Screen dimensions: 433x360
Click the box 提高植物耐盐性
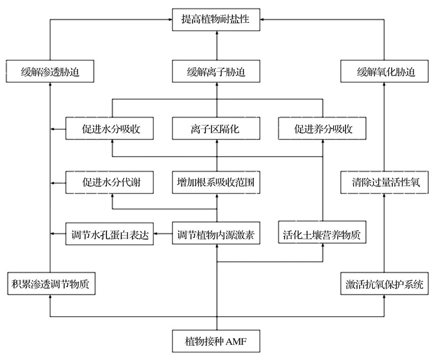(x=216, y=19)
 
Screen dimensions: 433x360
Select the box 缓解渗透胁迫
(x=50, y=71)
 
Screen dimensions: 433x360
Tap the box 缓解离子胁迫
(x=216, y=71)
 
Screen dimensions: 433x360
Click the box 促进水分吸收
(x=110, y=128)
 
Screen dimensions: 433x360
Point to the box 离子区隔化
(x=216, y=128)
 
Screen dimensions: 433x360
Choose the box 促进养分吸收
(x=322, y=128)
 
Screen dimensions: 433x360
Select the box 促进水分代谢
(x=110, y=182)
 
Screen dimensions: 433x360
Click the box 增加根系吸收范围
(x=216, y=182)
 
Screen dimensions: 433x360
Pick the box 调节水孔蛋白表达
(x=110, y=234)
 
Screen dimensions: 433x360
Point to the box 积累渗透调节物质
(x=51, y=284)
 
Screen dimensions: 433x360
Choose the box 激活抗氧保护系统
(x=385, y=284)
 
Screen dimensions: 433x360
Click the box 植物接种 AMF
(x=216, y=341)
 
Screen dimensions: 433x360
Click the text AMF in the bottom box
(x=236, y=342)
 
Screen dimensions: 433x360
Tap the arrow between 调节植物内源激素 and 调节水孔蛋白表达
(x=163, y=234)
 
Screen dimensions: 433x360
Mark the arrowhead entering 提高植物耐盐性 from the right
(x=262, y=19)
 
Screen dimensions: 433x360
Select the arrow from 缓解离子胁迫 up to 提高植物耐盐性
(x=217, y=45)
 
